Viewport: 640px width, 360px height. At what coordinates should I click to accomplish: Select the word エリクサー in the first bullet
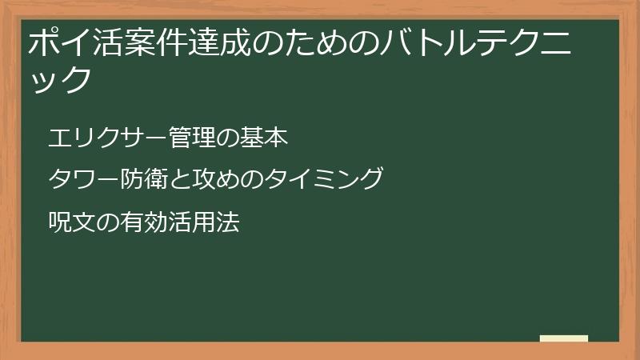coord(97,138)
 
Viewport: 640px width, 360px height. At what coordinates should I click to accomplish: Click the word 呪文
coord(68,222)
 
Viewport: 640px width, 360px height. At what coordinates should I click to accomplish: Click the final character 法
coord(230,222)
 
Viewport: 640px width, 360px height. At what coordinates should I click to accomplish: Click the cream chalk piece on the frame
coord(564,338)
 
